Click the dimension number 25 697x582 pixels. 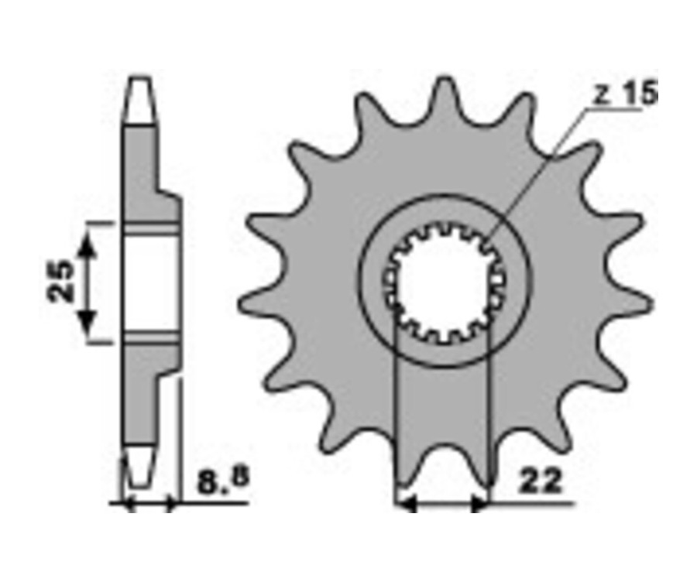coord(61,281)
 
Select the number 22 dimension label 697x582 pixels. coord(541,482)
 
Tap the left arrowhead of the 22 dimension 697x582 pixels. coord(405,505)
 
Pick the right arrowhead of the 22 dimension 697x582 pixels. coord(479,505)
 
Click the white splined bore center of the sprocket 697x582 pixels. coord(445,284)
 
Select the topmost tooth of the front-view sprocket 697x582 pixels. coord(445,95)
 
